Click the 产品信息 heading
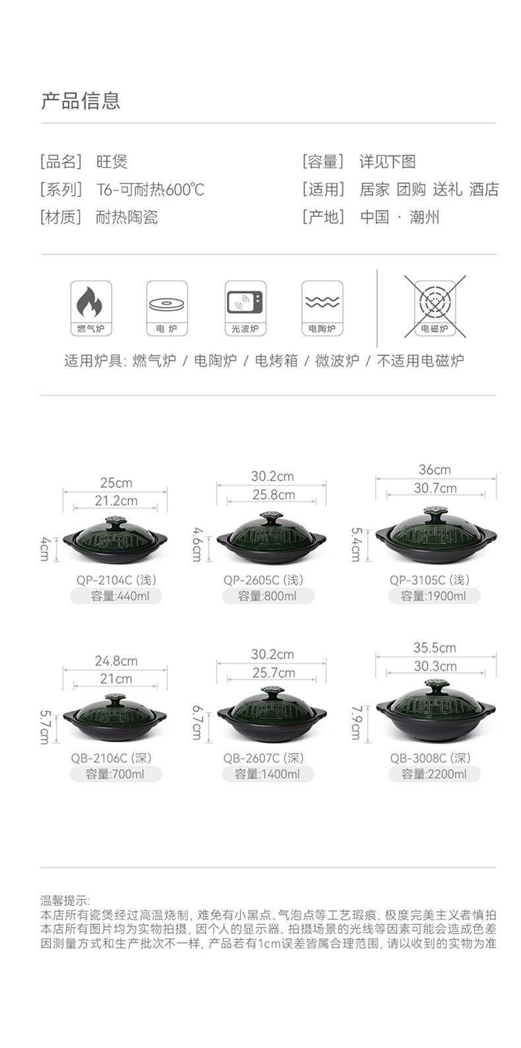coord(80,101)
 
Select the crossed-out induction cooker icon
coord(435,306)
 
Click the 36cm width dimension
coord(435,470)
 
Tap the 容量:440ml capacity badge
coord(116,596)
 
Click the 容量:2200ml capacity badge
coord(434,774)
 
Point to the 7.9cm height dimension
coord(356,723)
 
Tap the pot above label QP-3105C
coord(435,536)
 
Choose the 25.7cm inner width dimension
coord(273,673)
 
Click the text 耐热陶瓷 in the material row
coord(127,217)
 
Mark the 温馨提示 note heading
coord(65,901)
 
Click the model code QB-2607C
coord(251,758)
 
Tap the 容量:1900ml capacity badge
coord(434,596)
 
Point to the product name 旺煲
coord(111,162)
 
